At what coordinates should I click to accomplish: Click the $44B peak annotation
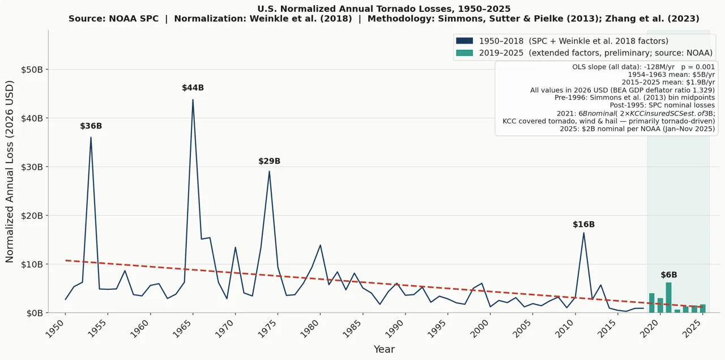coord(193,88)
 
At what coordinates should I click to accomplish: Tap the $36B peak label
coord(91,126)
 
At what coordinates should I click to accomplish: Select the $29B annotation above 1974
coord(269,161)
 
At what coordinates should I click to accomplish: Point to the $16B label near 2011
coord(583,225)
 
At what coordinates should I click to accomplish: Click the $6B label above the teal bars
coord(668,275)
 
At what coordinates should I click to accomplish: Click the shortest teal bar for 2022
coord(677,311)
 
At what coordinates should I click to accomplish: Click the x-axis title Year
coord(384,350)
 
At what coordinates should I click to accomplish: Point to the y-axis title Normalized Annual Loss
coord(10,172)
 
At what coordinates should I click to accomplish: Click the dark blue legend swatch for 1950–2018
coord(464,41)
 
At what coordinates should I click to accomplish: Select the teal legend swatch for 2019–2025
coord(464,53)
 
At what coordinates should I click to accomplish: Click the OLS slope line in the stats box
coord(643,67)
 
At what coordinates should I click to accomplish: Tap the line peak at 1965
coord(193,100)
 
